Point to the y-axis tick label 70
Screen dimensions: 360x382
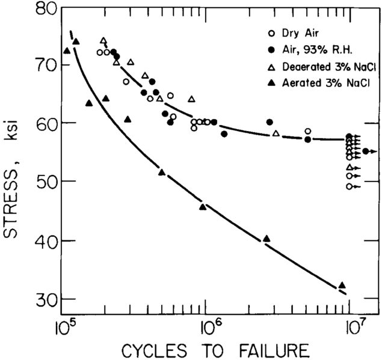point(45,64)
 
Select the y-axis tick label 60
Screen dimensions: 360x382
point(45,123)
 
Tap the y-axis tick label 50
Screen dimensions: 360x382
point(45,182)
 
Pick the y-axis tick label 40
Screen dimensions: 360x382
point(45,240)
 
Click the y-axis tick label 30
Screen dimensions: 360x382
point(45,299)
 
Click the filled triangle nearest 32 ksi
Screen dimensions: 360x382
point(342,285)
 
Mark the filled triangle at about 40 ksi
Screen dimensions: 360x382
point(266,239)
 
